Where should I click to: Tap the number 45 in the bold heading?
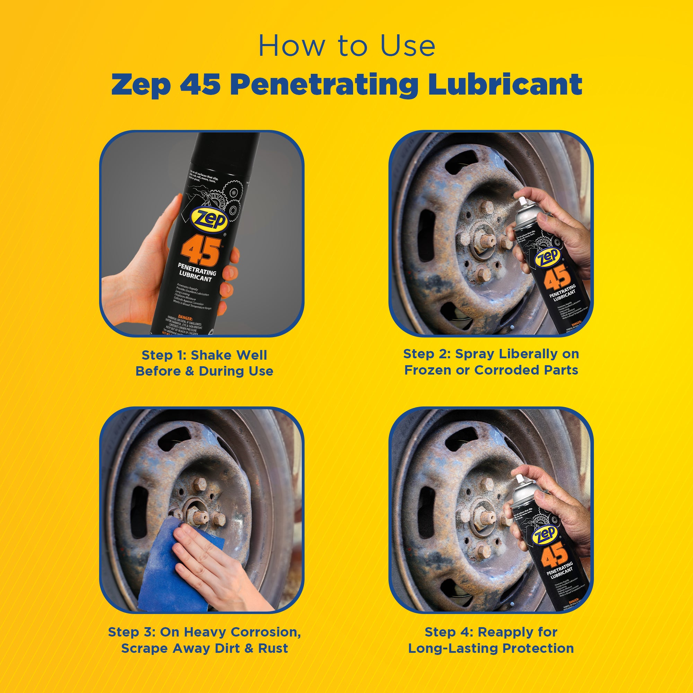200,85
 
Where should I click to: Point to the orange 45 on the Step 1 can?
201,251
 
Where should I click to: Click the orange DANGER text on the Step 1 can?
185,318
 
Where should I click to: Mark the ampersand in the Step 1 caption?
190,371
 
